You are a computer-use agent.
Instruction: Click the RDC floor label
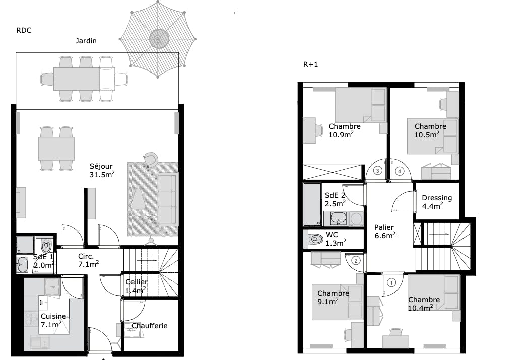pyautogui.click(x=24, y=30)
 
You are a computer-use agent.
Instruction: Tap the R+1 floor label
pyautogui.click(x=310, y=64)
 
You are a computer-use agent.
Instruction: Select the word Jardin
pyautogui.click(x=86, y=41)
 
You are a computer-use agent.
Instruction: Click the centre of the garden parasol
pyautogui.click(x=158, y=38)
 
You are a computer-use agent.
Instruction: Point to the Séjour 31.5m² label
pyautogui.click(x=102, y=170)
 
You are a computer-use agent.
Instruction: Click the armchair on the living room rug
pyautogui.click(x=150, y=160)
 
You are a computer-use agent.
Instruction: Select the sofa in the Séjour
pyautogui.click(x=168, y=199)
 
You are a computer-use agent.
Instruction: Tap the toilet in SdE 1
pyautogui.click(x=46, y=246)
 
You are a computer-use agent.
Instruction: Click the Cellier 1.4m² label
pyautogui.click(x=136, y=285)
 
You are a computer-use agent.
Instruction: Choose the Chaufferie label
pyautogui.click(x=149, y=326)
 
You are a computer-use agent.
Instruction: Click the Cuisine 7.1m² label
pyautogui.click(x=53, y=320)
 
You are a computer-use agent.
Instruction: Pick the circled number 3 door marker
pyautogui.click(x=378, y=171)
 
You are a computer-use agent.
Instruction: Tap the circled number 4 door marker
pyautogui.click(x=400, y=171)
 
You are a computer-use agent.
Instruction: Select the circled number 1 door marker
pyautogui.click(x=391, y=282)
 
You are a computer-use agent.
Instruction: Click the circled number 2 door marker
pyautogui.click(x=355, y=261)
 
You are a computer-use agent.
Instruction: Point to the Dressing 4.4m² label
pyautogui.click(x=436, y=201)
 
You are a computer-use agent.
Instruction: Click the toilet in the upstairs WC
pyautogui.click(x=316, y=239)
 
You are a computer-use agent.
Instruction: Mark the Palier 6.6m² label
pyautogui.click(x=384, y=231)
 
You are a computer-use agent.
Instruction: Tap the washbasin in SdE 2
pyautogui.click(x=339, y=219)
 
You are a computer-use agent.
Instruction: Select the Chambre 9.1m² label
pyautogui.click(x=333, y=297)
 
